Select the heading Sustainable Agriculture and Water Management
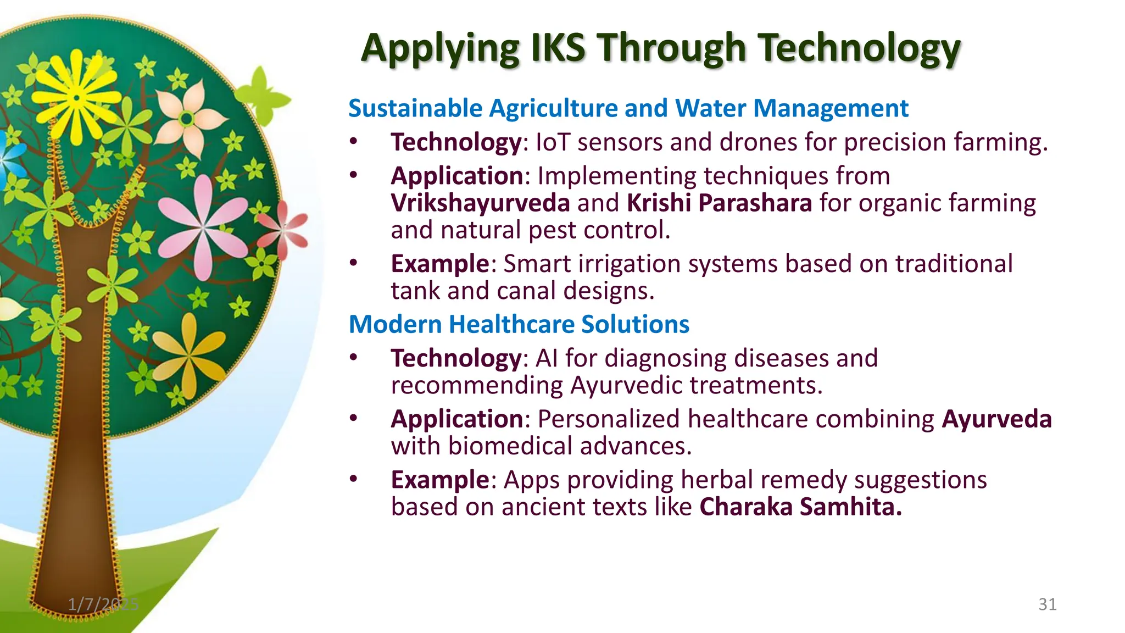click(628, 108)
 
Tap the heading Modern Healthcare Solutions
click(519, 324)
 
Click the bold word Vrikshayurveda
click(480, 203)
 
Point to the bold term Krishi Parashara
click(719, 203)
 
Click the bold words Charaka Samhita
click(800, 507)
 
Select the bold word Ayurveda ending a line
click(996, 419)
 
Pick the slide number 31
click(1047, 604)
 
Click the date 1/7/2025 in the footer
click(103, 604)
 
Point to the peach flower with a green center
click(188, 118)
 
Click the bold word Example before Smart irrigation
click(439, 264)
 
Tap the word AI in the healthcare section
click(546, 358)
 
